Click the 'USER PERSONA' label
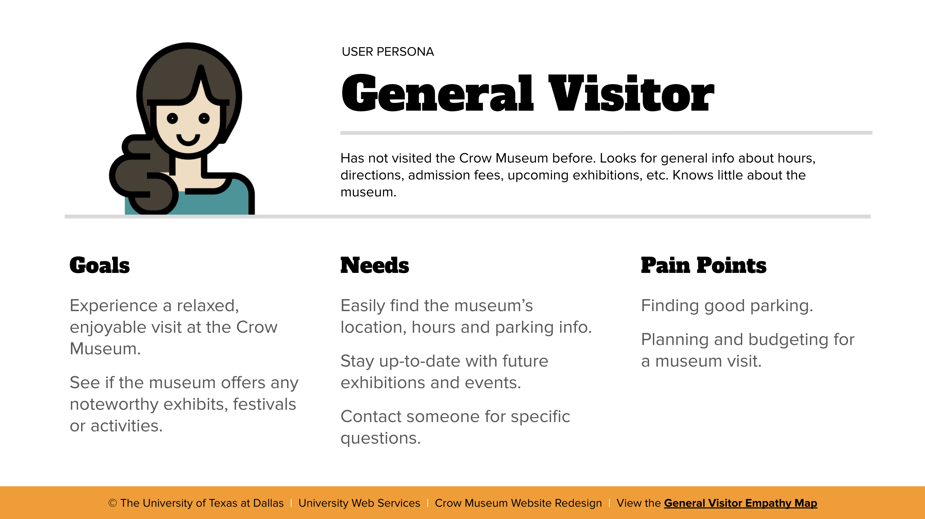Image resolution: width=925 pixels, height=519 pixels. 388,52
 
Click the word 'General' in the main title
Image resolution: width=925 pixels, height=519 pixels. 437,93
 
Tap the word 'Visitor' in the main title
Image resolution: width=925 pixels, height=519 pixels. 631,93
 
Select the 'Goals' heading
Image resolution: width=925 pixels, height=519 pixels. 99,266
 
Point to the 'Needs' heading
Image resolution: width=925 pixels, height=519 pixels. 375,266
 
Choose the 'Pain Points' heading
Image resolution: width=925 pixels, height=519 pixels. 703,266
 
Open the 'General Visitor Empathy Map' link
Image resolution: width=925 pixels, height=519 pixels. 740,503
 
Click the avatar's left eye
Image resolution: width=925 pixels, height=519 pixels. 172,118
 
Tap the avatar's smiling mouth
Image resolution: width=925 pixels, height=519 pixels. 188,139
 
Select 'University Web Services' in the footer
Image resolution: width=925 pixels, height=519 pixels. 359,503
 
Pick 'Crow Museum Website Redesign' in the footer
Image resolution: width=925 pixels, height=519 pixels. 518,503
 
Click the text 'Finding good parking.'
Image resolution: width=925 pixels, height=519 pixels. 727,306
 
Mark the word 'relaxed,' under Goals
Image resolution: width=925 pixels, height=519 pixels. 208,306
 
